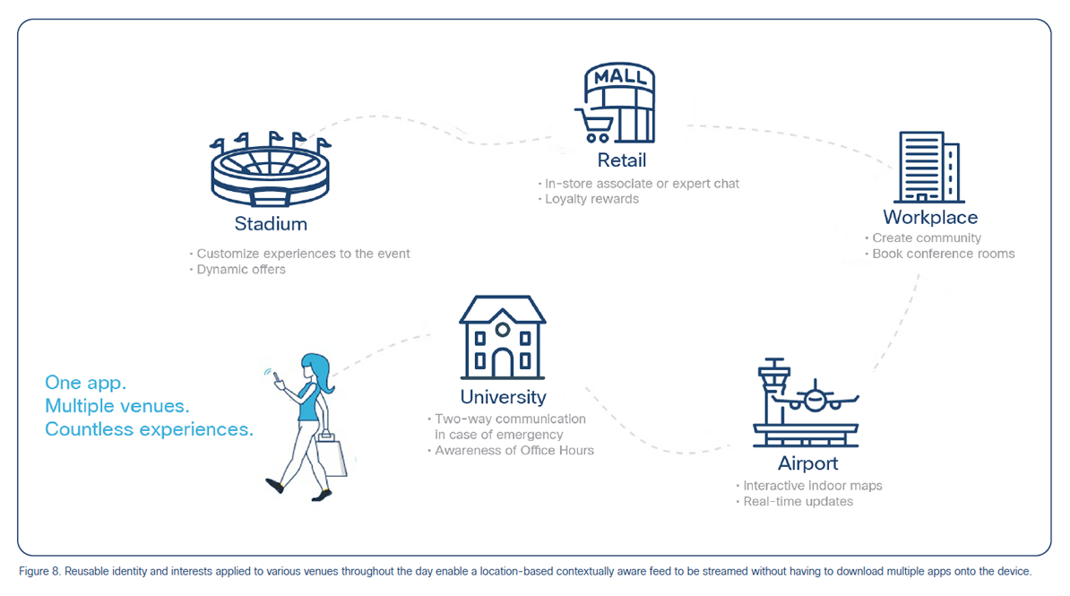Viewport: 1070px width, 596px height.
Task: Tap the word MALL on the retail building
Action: coord(619,76)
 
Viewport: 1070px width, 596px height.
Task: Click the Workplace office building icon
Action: coord(929,168)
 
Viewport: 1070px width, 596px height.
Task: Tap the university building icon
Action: coord(503,337)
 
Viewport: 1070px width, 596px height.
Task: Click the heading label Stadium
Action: coord(271,224)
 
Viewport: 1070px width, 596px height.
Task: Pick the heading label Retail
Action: coord(622,160)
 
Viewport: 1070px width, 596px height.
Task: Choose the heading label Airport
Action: coord(808,463)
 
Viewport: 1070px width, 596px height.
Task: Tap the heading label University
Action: coord(504,397)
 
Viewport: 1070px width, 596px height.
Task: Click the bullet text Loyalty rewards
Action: coord(591,199)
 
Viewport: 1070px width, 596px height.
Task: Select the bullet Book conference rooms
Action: coord(943,254)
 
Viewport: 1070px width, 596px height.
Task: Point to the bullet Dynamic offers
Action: coord(241,270)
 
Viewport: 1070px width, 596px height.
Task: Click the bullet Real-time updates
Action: coord(798,502)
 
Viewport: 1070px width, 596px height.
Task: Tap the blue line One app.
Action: coord(86,383)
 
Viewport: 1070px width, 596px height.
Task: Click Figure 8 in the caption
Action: coord(40,572)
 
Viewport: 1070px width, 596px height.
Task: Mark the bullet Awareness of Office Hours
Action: coord(514,451)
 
